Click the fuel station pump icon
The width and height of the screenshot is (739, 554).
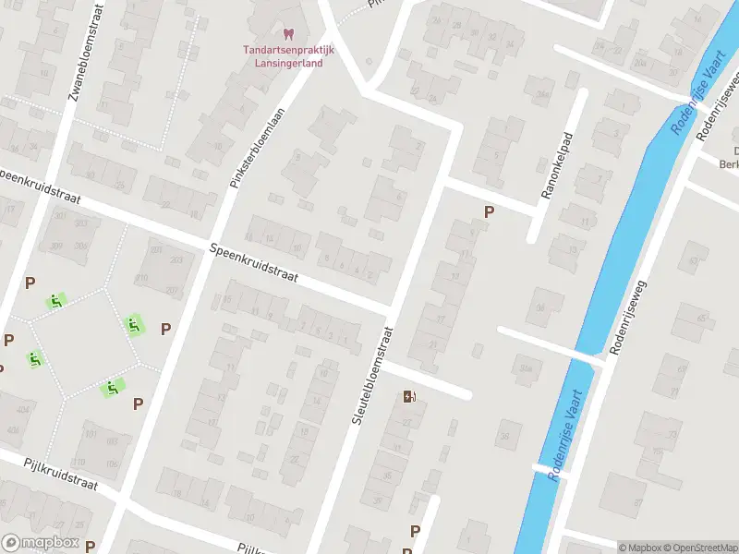point(409,397)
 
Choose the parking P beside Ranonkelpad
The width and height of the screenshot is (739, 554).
point(489,211)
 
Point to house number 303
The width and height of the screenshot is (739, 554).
point(82,224)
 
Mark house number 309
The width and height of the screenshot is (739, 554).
point(57,246)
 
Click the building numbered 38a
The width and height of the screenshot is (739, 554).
point(526,369)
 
